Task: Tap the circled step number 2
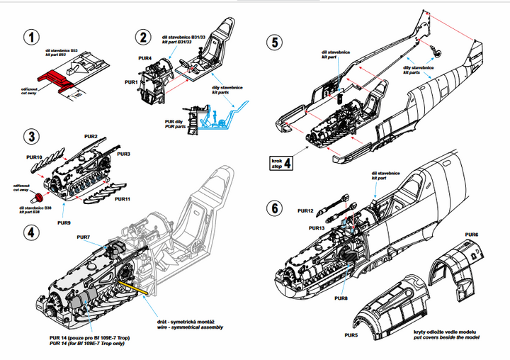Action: pos(144,38)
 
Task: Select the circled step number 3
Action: pos(30,135)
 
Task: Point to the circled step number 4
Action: pos(30,232)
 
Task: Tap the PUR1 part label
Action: pos(131,82)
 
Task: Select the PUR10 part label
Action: pos(35,157)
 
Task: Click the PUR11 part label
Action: pos(123,200)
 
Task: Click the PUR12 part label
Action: pos(307,210)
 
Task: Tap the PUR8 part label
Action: pos(341,298)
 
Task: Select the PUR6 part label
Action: pos(472,234)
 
